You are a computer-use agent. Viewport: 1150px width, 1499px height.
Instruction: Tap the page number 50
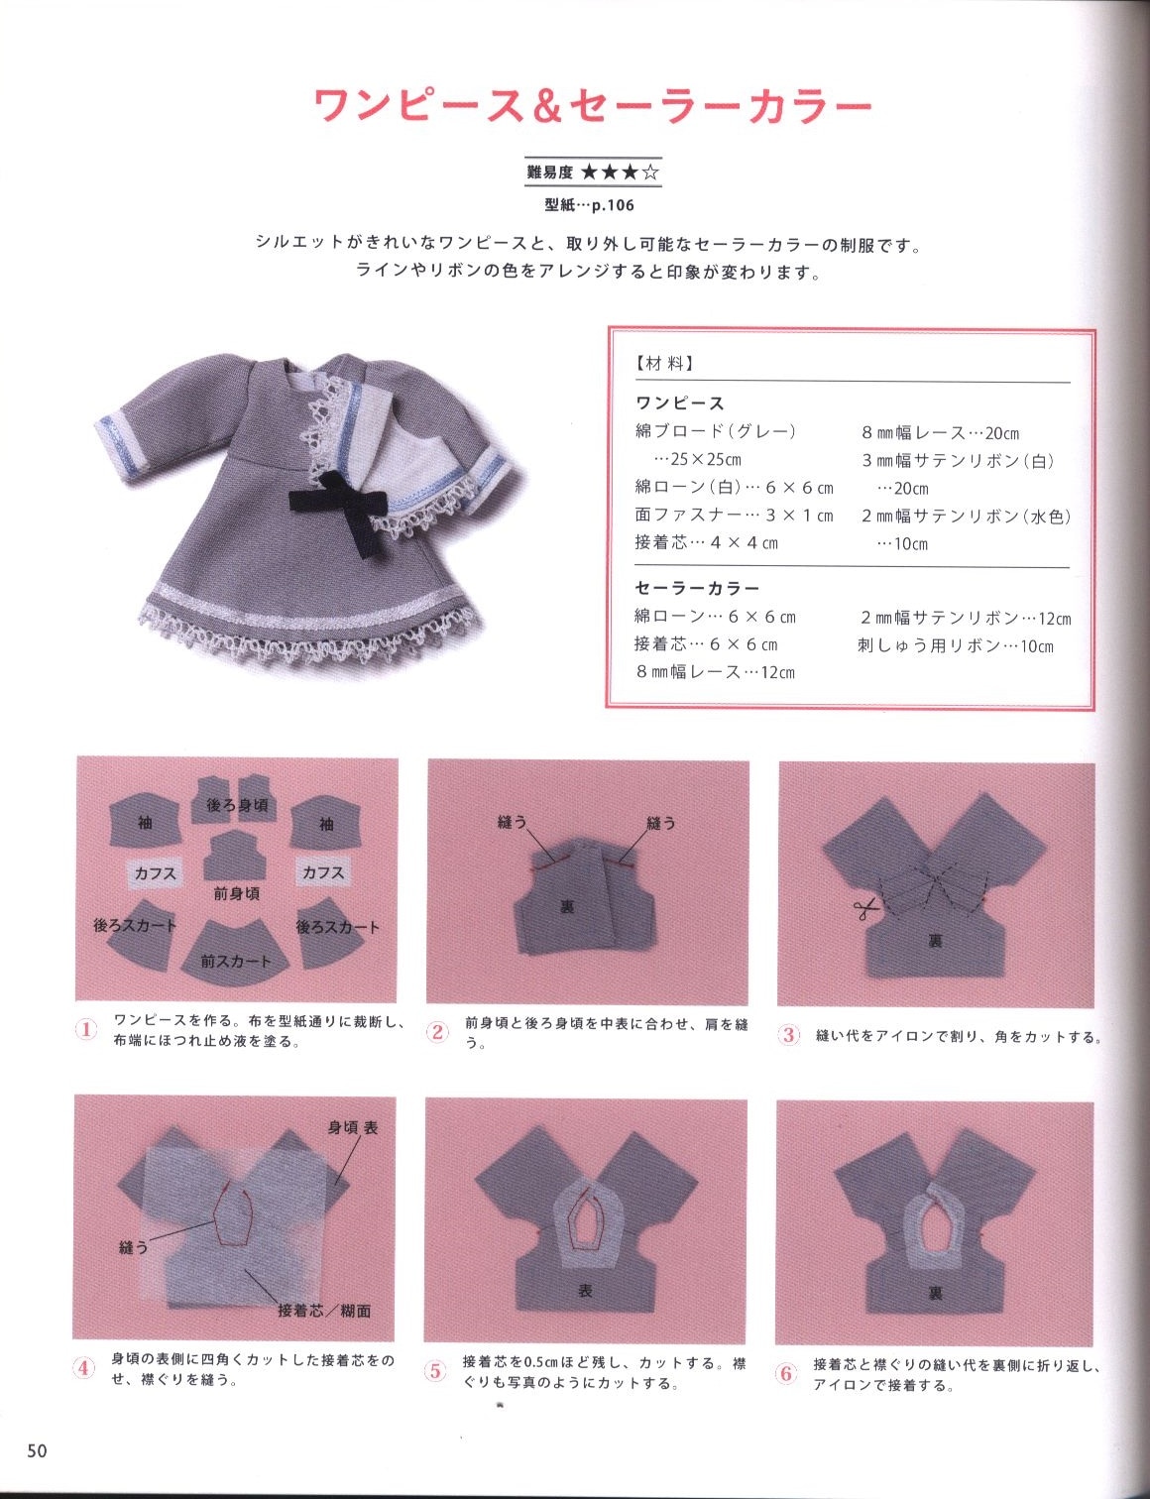point(38,1450)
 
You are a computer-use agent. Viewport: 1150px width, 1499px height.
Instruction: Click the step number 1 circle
point(86,1031)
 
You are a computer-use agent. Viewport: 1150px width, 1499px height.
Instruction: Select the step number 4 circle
point(84,1368)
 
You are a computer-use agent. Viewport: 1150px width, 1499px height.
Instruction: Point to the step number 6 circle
point(786,1373)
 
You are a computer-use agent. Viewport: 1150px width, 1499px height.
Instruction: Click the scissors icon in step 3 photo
point(862,910)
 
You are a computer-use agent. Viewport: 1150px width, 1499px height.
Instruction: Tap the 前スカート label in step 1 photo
point(235,961)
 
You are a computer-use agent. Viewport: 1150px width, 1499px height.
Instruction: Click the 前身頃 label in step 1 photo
point(237,894)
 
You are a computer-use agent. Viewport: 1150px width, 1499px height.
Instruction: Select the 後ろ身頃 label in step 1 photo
point(237,804)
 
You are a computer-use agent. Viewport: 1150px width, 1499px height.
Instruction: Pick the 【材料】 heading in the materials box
point(663,364)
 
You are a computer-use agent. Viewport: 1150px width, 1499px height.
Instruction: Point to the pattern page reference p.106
point(613,205)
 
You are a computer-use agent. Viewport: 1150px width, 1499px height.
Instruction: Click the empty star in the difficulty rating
point(650,172)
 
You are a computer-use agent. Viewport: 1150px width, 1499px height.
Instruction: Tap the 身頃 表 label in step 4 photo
point(353,1128)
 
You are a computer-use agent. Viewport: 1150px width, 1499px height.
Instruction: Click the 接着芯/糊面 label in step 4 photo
point(324,1310)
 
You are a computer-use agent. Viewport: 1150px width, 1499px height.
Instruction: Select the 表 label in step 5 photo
point(585,1290)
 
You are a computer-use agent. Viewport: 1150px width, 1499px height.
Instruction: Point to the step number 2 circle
point(438,1033)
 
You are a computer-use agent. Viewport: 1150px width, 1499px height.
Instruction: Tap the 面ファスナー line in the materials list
point(734,516)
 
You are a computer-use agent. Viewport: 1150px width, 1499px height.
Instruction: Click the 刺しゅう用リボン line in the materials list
point(956,645)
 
